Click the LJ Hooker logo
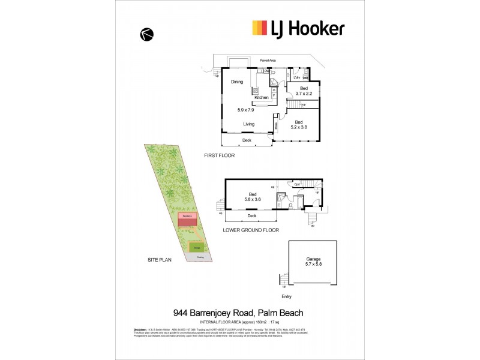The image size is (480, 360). tap(298, 28)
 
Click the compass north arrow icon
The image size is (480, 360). tap(146, 35)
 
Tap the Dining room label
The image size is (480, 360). tap(237, 82)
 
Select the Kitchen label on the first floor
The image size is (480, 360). tap(261, 97)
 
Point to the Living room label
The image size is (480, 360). tap(249, 124)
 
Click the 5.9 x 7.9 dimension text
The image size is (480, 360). tap(247, 110)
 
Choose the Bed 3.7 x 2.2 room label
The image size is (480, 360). tap(303, 91)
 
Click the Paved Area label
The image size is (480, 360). tap(268, 60)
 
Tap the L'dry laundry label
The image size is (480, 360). tap(296, 77)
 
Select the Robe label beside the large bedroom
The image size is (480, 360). tap(276, 127)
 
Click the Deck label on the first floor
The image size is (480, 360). tap(247, 140)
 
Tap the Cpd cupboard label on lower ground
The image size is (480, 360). tap(297, 184)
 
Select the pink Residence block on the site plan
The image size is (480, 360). tap(187, 215)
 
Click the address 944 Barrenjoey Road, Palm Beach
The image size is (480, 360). tap(238, 312)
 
